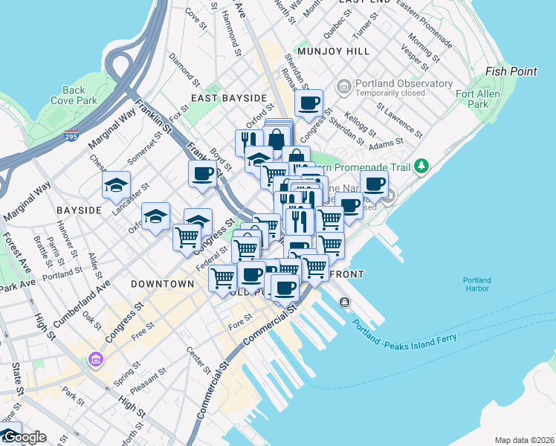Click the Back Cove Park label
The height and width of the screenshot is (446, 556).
point(74,94)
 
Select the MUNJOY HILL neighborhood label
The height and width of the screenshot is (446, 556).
point(332,51)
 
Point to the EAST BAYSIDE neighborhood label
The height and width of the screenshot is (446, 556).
point(228,98)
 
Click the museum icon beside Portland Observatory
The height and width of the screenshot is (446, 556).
point(343,88)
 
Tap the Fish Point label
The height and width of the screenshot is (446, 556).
point(511,71)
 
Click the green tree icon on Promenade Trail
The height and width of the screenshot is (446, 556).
point(422,164)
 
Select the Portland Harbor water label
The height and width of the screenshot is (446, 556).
point(476,285)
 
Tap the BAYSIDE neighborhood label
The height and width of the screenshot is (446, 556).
point(78,210)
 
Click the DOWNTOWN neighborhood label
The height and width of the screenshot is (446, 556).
point(162,284)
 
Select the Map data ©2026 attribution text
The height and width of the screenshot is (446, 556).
point(524,440)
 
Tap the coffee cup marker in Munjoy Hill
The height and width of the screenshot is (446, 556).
point(308,103)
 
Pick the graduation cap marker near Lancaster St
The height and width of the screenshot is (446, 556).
point(117,184)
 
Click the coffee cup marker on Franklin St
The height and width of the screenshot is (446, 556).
point(202,174)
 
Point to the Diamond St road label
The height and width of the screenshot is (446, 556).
point(185,67)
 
